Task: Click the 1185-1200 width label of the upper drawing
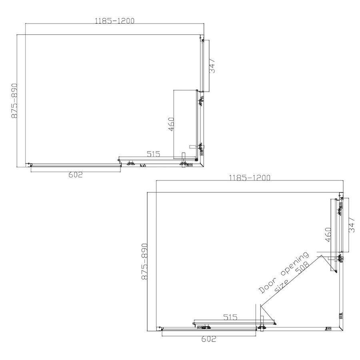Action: coord(114,20)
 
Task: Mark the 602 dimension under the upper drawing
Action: coord(75,174)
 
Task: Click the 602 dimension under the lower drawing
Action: coord(209,339)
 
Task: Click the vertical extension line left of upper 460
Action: coord(174,124)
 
